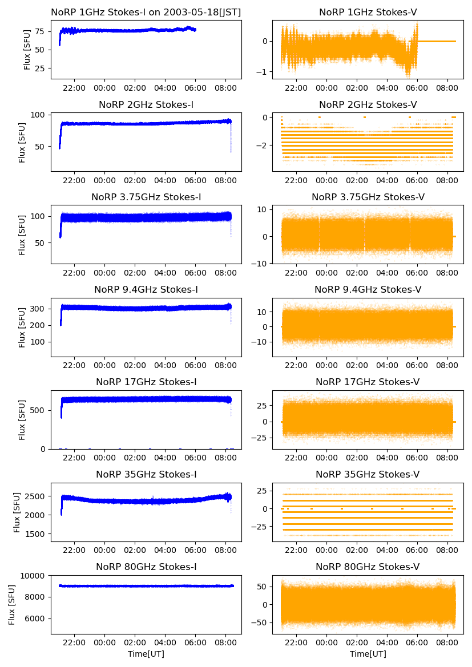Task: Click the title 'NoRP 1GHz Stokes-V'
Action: [x=368, y=12]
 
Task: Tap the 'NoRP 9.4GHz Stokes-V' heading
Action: [x=368, y=290]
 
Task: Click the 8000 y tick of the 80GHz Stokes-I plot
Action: [x=36, y=597]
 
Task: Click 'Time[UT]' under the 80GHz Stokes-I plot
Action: [x=146, y=654]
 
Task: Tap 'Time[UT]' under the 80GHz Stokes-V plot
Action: [x=368, y=654]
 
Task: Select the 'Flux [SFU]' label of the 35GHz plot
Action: [x=18, y=512]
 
